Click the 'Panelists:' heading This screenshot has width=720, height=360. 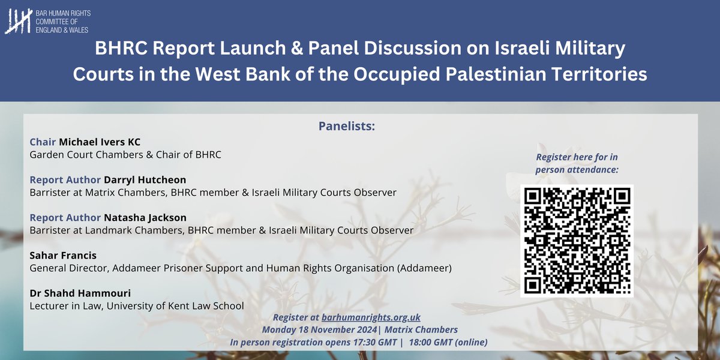(346, 127)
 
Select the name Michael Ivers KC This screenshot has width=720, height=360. (99, 142)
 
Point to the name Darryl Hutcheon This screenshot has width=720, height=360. (145, 180)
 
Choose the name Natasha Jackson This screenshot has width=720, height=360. (145, 217)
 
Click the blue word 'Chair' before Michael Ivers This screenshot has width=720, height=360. (43, 142)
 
